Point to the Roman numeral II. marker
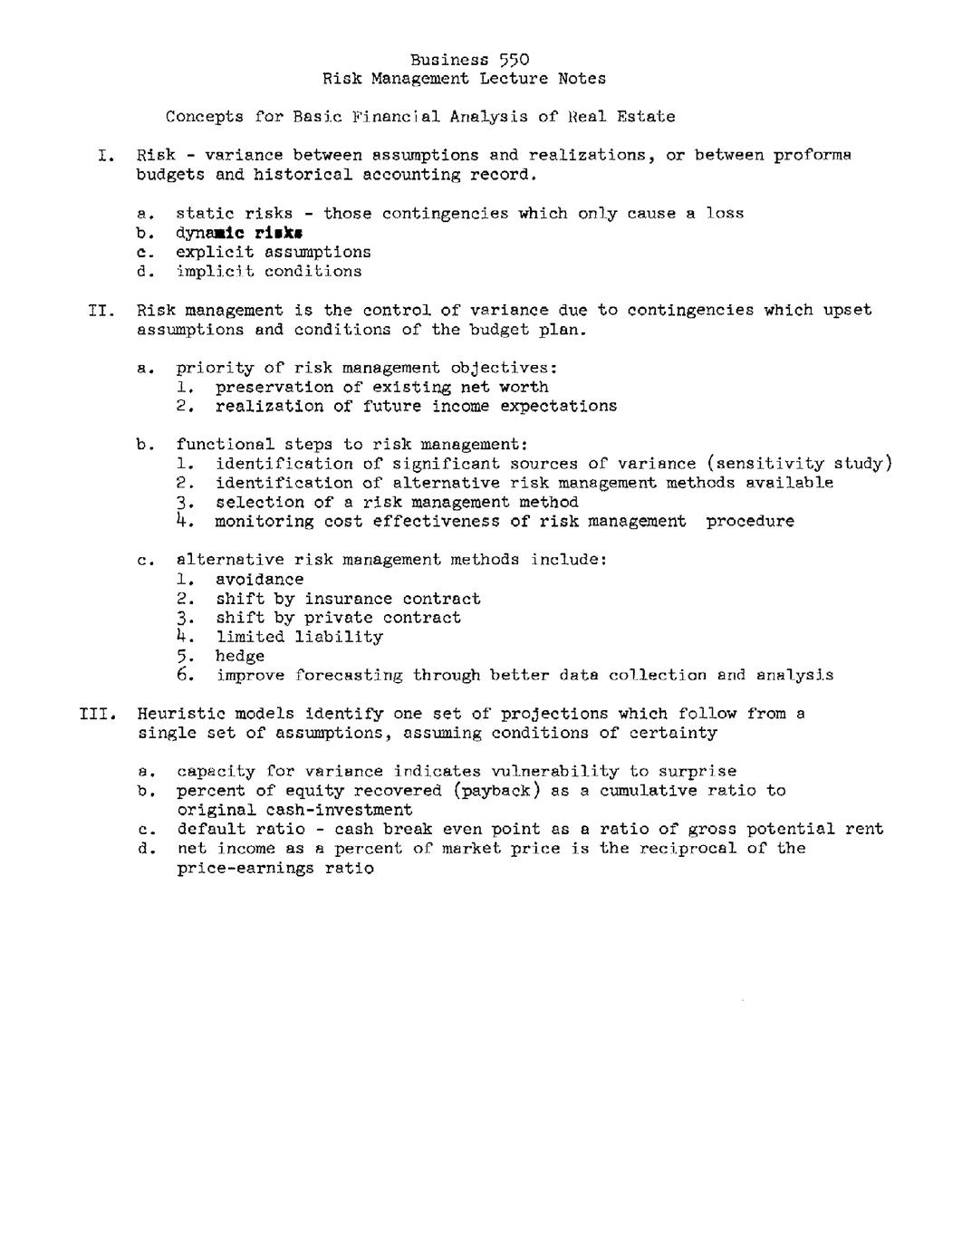coord(100,310)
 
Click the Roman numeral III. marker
coord(95,714)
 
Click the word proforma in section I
coord(812,156)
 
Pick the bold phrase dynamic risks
coord(239,233)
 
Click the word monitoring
coord(264,522)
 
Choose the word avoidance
coord(259,580)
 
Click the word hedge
coord(239,656)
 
